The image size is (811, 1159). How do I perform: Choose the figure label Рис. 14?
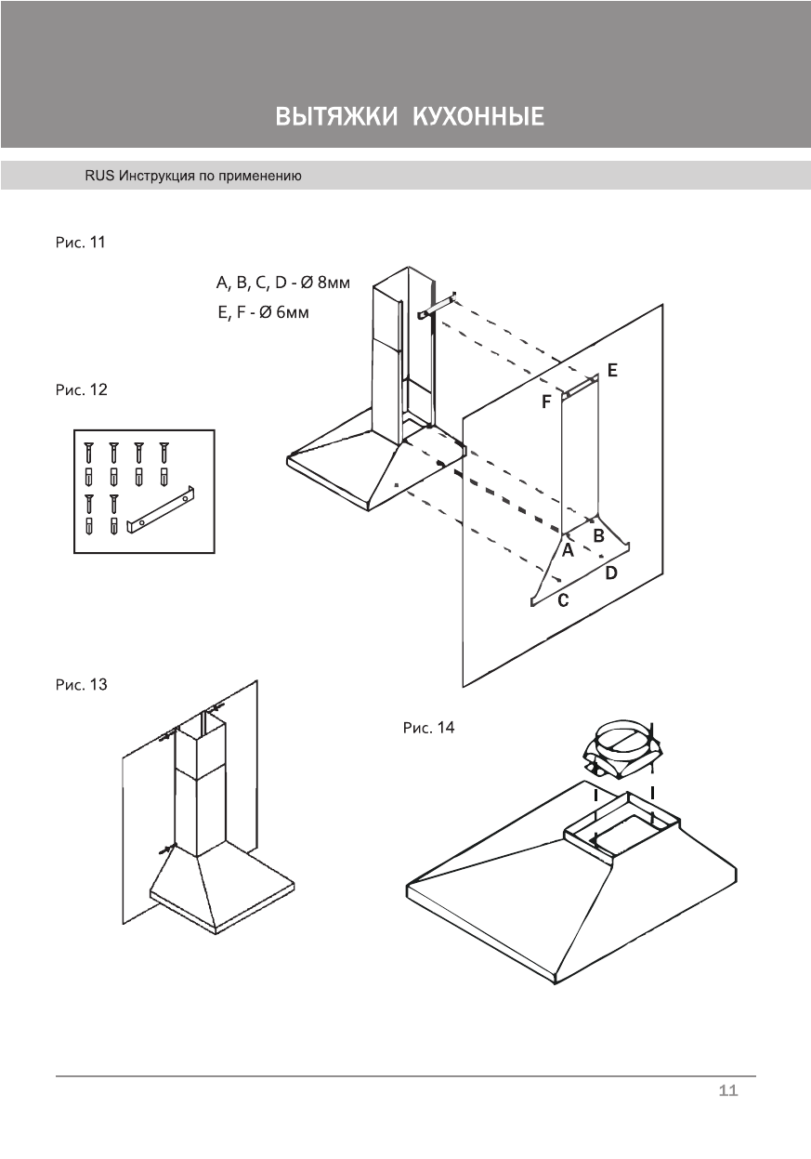tap(428, 728)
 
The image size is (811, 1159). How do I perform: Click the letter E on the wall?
tap(612, 370)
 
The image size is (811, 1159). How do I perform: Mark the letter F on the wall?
tap(547, 402)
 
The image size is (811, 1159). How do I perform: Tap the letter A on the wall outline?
tap(568, 549)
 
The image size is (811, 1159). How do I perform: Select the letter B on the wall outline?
tap(599, 535)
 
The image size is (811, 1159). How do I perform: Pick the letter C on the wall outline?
tap(563, 601)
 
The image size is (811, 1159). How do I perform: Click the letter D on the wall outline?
tap(611, 573)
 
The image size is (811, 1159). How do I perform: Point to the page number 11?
tap(728, 1091)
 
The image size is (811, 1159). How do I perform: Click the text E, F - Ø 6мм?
tap(263, 313)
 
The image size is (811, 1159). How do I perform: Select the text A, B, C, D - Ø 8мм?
tap(283, 283)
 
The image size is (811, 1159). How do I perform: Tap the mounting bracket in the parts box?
tap(163, 514)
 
